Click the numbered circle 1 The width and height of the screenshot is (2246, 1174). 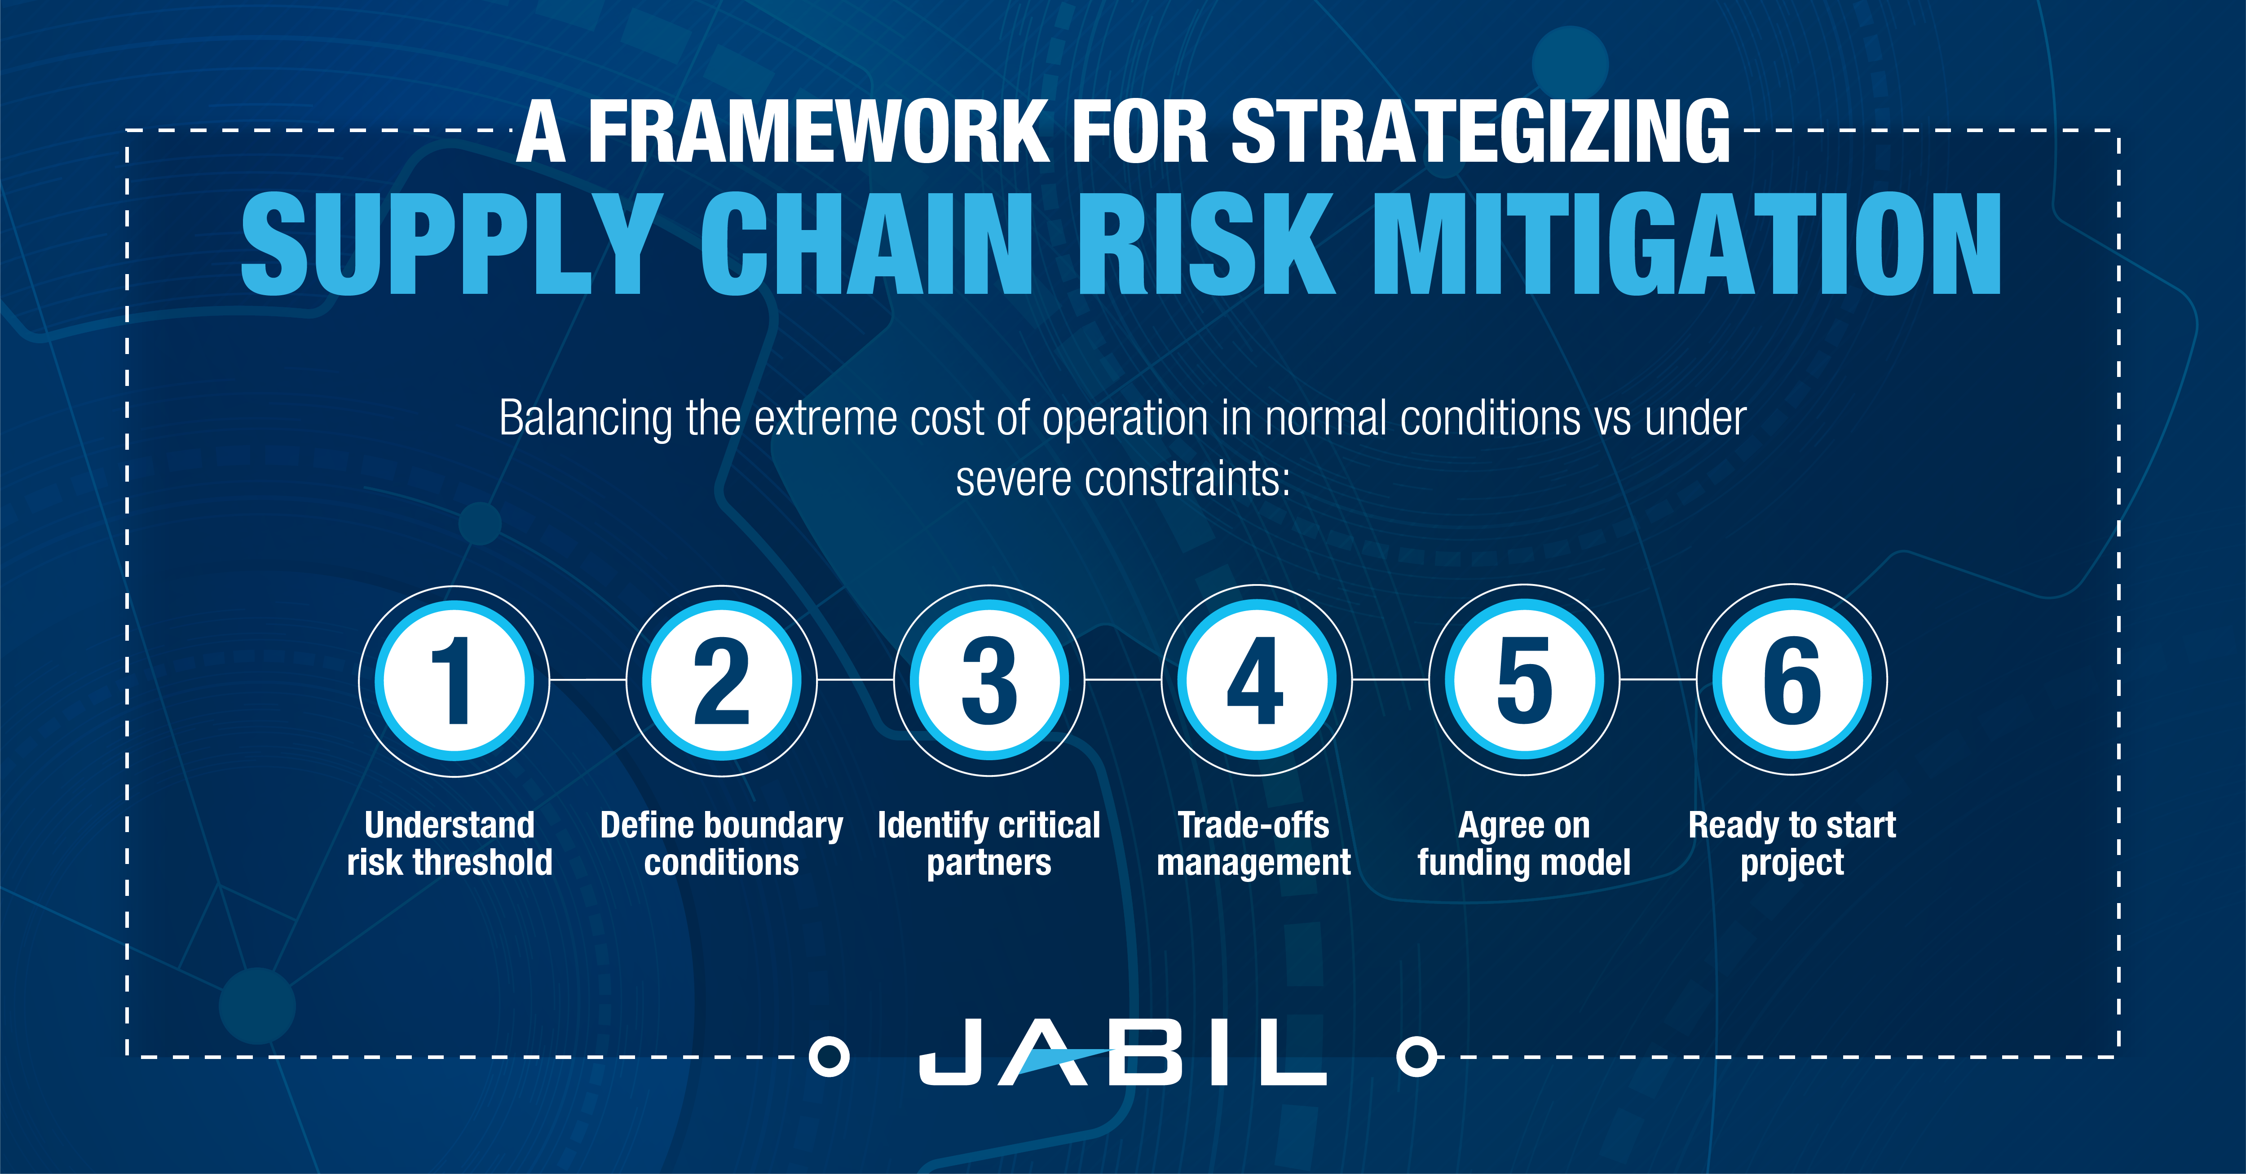coord(454,680)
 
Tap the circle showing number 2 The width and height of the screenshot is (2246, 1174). coord(722,680)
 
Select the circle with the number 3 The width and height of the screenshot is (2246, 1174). coord(989,680)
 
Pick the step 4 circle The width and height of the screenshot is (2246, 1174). coord(1257,680)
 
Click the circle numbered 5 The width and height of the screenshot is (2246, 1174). coord(1525,680)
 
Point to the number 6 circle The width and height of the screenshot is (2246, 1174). coord(1792,680)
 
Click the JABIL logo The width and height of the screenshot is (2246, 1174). coord(1123,1054)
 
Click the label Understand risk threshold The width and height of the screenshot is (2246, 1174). coord(450,843)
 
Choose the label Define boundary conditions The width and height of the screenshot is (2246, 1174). coord(722,843)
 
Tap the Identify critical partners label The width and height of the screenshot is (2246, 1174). coord(989,843)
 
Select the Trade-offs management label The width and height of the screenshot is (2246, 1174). coord(1254,843)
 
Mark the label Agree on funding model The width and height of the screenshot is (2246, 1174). coord(1524,843)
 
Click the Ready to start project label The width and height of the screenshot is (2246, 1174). coord(1792,843)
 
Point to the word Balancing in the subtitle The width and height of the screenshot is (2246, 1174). coord(585,419)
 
